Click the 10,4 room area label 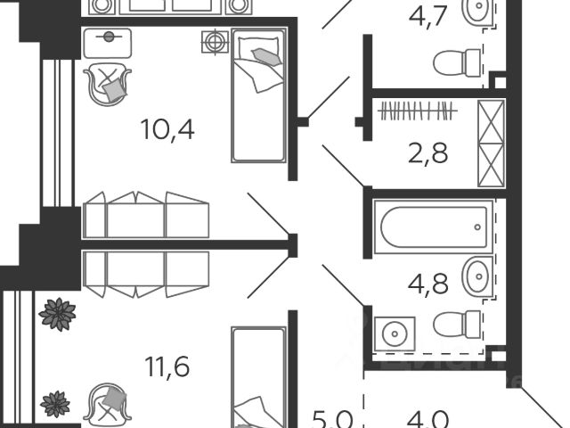[167, 130]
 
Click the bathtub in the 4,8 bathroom [433, 226]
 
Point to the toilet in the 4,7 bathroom [456, 62]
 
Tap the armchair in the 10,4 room [106, 82]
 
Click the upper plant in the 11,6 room [58, 315]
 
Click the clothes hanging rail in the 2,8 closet [418, 111]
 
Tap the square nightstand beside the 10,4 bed [215, 41]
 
